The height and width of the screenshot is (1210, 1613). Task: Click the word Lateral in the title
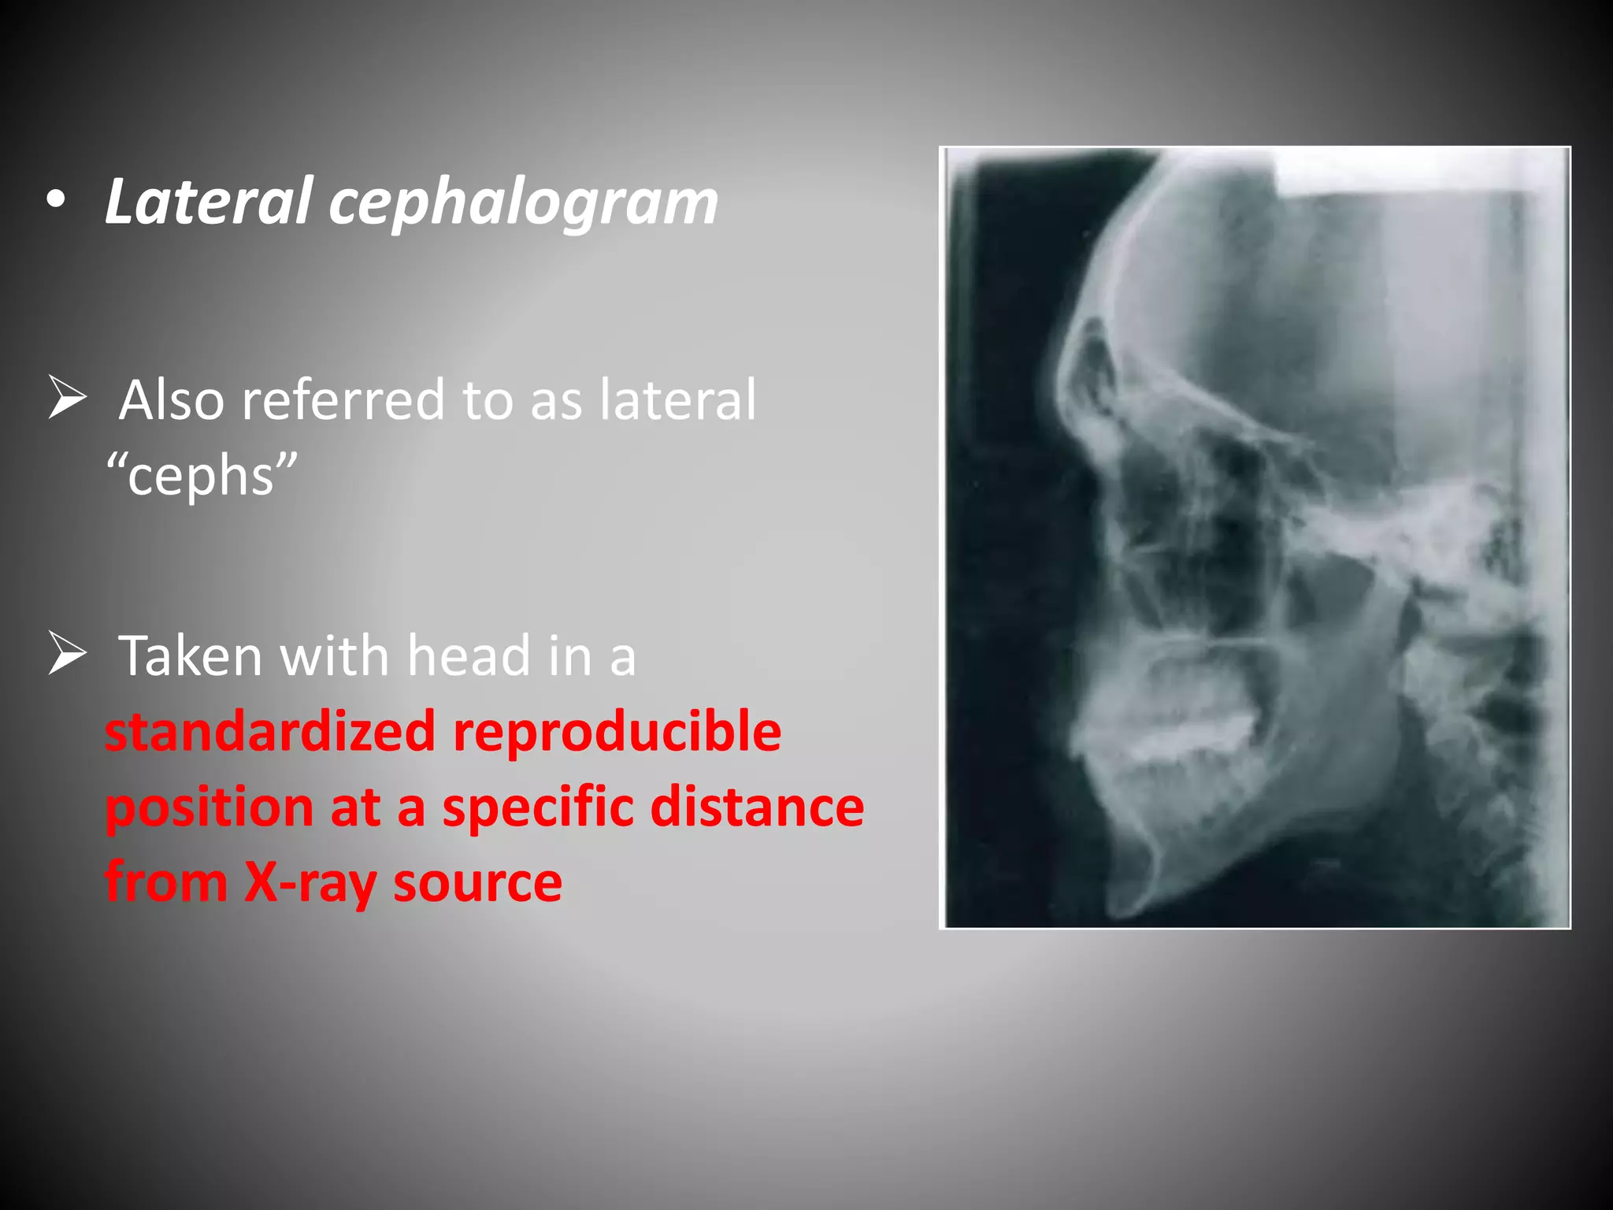[209, 202]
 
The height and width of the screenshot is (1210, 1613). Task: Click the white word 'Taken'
[190, 655]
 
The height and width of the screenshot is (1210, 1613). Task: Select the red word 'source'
[477, 883]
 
